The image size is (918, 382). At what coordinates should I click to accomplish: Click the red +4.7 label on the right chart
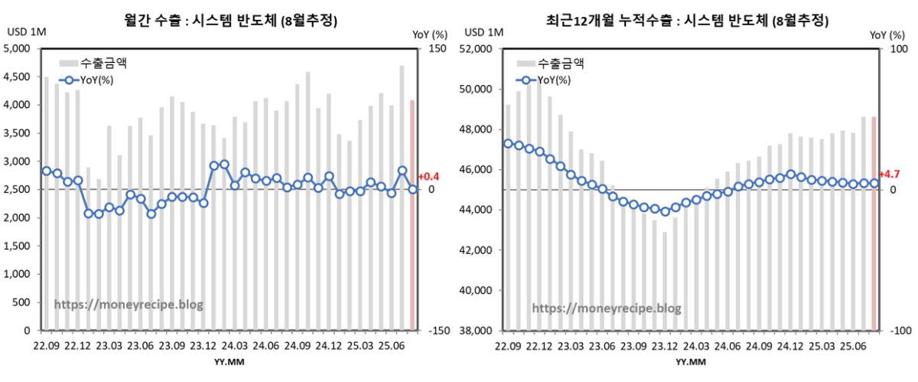pos(889,175)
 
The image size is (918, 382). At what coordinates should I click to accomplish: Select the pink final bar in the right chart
pos(874,224)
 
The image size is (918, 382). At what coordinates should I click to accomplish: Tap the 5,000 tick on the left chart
pos(18,48)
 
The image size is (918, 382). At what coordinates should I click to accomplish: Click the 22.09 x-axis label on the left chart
pos(47,346)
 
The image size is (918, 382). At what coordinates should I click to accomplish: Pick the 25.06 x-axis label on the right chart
pos(843,346)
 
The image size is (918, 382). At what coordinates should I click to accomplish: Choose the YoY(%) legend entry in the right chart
pos(555,79)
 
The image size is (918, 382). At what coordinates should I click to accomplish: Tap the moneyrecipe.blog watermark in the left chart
pos(129,305)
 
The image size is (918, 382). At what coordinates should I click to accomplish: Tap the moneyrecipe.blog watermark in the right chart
pos(606,309)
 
